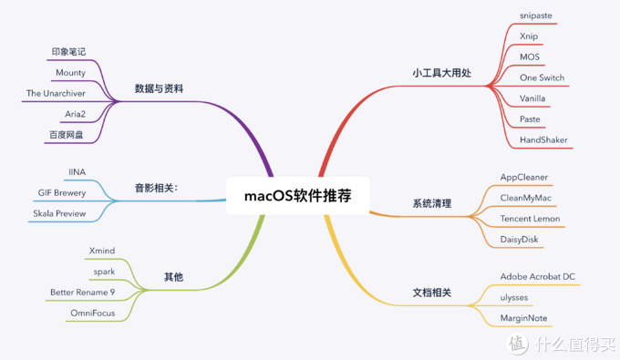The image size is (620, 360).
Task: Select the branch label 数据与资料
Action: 159,88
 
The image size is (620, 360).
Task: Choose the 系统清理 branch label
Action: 431,203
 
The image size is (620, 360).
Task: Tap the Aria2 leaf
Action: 76,114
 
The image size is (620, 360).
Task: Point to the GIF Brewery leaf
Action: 62,192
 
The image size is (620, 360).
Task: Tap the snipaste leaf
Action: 536,16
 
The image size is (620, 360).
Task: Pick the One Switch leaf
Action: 542,77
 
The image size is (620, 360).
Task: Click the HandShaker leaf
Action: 544,139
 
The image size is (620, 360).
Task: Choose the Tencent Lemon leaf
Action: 542,220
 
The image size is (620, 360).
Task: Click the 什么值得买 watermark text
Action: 574,345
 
